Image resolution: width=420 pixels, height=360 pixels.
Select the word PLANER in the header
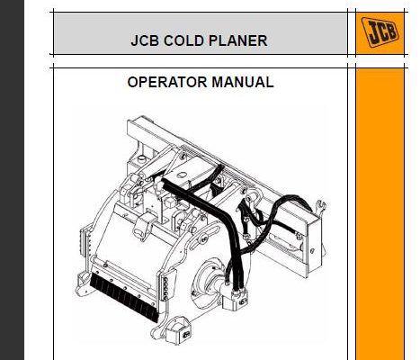pyautogui.click(x=237, y=40)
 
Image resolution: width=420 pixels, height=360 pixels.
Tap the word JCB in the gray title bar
pyautogui.click(x=145, y=40)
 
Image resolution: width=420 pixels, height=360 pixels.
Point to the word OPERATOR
pyautogui.click(x=167, y=82)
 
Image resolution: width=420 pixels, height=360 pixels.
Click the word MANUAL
pyautogui.click(x=243, y=82)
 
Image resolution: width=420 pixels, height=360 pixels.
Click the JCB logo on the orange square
pyautogui.click(x=380, y=32)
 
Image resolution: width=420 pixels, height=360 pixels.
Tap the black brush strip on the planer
pyautogui.click(x=124, y=298)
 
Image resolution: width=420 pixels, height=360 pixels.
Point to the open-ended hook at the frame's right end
pyautogui.click(x=321, y=206)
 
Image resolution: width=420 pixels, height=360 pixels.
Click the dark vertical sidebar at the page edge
pyautogui.click(x=12, y=180)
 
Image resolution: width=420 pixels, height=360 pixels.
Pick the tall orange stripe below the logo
pyautogui.click(x=380, y=214)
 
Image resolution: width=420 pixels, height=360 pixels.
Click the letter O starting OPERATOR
pyautogui.click(x=133, y=82)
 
